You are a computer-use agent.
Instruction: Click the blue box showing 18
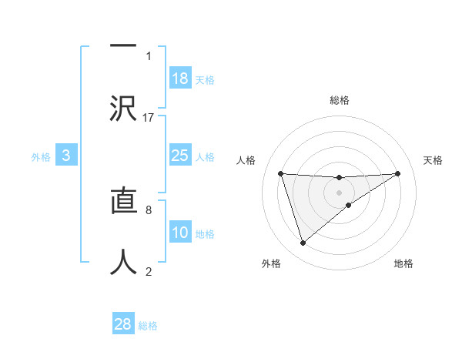point(180,79)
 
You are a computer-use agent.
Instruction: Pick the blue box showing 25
point(180,156)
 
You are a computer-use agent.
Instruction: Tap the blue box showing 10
point(180,233)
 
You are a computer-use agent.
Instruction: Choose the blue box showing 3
point(66,156)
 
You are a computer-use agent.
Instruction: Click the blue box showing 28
point(123,324)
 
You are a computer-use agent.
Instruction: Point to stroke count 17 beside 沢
point(149,117)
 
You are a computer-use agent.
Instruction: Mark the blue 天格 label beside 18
point(205,79)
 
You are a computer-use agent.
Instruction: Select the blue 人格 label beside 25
point(205,156)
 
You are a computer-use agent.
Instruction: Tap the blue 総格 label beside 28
point(148,325)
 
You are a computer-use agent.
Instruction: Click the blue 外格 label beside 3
point(41,156)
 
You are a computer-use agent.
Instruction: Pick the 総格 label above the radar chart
point(339,100)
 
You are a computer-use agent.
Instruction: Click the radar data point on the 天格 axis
point(398,173)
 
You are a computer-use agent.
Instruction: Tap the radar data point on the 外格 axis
point(303,243)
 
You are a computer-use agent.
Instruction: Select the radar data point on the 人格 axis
point(280,173)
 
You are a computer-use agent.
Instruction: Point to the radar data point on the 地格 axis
point(349,205)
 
